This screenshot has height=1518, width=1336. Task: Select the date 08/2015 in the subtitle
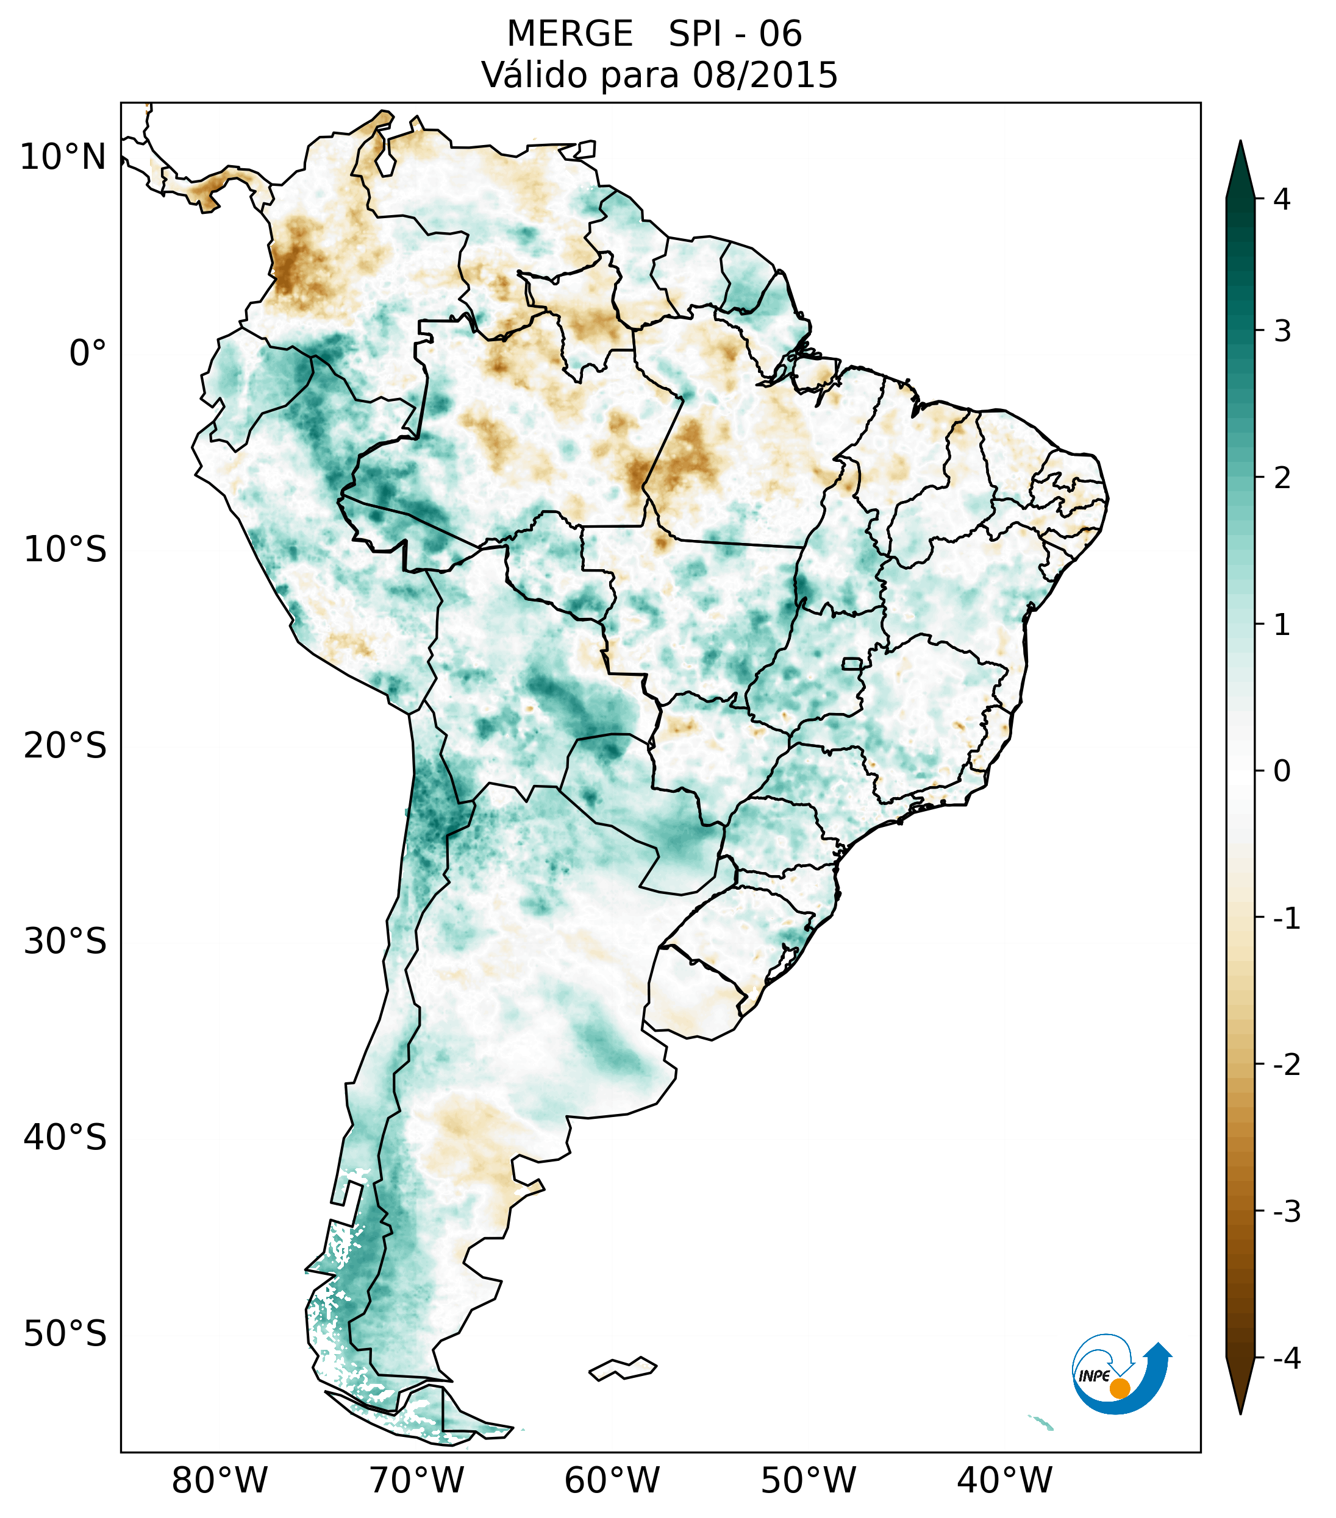765,75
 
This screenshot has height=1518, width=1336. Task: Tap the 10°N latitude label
62,157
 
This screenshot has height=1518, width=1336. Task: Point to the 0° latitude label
87,353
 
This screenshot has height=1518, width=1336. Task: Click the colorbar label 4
1282,199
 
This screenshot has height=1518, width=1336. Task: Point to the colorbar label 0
1282,771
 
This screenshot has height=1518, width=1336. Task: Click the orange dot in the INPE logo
1119,1388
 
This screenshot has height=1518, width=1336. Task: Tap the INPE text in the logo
1094,1375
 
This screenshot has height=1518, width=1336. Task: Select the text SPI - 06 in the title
735,34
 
